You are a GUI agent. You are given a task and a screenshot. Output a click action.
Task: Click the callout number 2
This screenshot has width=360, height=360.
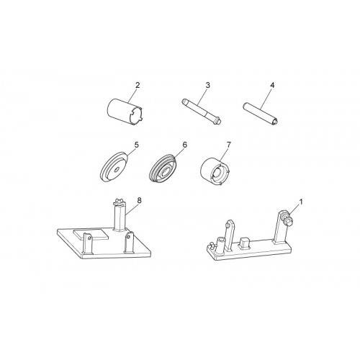coord(138,85)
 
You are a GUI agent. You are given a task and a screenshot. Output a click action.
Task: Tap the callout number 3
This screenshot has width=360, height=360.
coord(207,85)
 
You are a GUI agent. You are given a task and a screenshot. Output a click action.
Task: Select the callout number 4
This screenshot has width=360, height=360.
coord(272,85)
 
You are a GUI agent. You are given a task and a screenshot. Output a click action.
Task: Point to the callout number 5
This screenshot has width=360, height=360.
coord(137,145)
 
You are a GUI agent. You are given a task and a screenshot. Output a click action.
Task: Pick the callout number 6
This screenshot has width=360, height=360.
coord(184,145)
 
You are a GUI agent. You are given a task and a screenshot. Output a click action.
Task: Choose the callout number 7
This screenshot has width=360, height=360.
coord(228,145)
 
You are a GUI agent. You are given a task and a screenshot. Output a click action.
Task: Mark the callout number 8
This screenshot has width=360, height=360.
coord(140,200)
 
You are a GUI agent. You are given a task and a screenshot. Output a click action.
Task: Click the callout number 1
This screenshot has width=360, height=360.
coord(301,202)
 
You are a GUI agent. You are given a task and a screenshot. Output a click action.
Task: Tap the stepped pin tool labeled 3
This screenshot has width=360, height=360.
coord(201,111)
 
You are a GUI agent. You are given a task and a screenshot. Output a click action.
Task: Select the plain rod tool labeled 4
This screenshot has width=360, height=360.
coord(261,113)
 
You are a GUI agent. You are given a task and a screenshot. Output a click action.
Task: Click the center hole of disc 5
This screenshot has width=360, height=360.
coord(117,170)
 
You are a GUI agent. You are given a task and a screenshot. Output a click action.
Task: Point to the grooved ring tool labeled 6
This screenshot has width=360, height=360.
coord(164,168)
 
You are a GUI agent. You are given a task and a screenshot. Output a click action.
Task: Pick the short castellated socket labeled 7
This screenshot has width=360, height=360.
coord(215,171)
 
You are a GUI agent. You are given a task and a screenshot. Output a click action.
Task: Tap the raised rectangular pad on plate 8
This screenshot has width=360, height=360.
coord(91,234)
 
